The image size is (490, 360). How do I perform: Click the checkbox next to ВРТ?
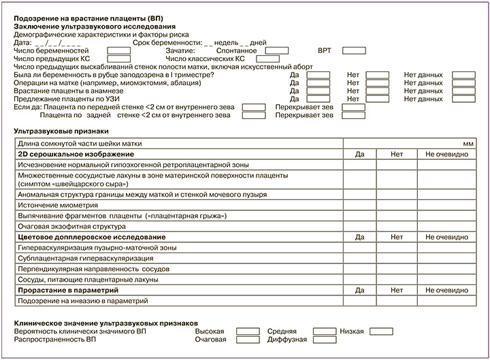point(353,50)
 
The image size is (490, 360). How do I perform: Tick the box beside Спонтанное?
point(277,50)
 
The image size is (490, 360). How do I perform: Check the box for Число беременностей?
point(119,50)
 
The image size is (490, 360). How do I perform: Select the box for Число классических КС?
point(277,59)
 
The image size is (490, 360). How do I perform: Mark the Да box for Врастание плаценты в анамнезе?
point(318,91)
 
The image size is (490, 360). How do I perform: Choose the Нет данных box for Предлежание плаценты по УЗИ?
point(463,99)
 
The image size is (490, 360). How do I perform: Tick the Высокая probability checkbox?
point(248,331)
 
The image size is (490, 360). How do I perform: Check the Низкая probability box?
point(382,331)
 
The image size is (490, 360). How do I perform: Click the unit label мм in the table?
point(468,144)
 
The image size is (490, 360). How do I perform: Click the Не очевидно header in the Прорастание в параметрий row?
point(446,290)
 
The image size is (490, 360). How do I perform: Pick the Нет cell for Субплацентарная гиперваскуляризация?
point(397,259)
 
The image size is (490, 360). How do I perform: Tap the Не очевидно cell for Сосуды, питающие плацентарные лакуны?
point(446,280)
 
